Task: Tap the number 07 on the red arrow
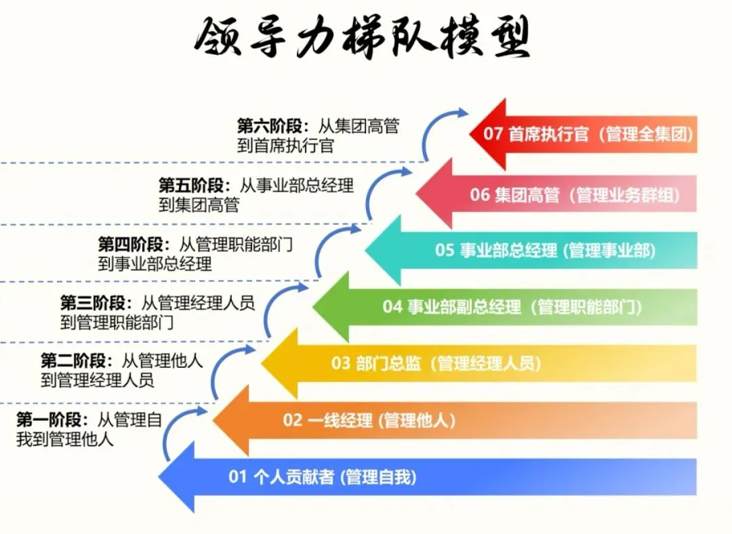(493, 134)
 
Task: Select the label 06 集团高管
(514, 195)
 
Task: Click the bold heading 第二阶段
(73, 361)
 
